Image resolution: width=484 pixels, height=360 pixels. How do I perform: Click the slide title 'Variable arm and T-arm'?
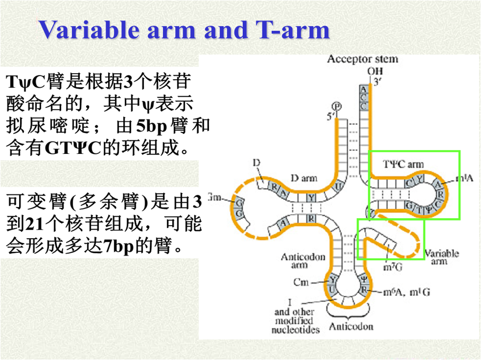point(184,30)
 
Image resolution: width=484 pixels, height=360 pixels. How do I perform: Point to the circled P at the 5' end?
point(337,106)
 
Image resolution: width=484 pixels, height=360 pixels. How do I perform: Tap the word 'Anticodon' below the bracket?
point(351,327)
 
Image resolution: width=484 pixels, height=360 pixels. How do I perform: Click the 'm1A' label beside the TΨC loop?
point(467,178)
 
